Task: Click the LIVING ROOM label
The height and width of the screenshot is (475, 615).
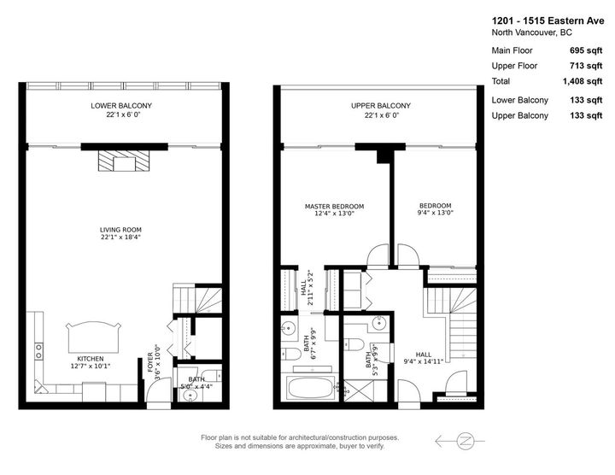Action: [120, 230]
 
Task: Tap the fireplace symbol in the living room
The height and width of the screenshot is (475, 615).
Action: [124, 161]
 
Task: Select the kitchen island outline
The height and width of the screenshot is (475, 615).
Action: [93, 337]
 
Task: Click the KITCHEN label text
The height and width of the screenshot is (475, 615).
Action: [91, 359]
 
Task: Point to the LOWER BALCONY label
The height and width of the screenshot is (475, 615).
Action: [121, 106]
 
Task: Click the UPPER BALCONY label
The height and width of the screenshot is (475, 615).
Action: [380, 106]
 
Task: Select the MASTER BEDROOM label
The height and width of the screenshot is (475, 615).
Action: [335, 206]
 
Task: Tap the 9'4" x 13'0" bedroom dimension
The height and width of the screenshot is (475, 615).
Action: [436, 213]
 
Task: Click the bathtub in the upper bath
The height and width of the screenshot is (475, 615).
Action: [312, 388]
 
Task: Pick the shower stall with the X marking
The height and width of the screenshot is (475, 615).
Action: [360, 390]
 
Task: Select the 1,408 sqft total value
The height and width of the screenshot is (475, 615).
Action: [583, 81]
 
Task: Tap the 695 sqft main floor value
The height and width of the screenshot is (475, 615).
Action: [586, 50]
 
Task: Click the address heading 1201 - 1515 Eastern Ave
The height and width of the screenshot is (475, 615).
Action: [548, 21]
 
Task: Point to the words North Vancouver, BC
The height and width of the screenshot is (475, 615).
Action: [531, 32]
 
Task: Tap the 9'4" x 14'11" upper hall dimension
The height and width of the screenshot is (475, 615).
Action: [423, 361]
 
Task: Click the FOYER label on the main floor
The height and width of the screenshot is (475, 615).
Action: [150, 362]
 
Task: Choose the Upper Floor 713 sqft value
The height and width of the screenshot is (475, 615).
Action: [586, 66]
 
